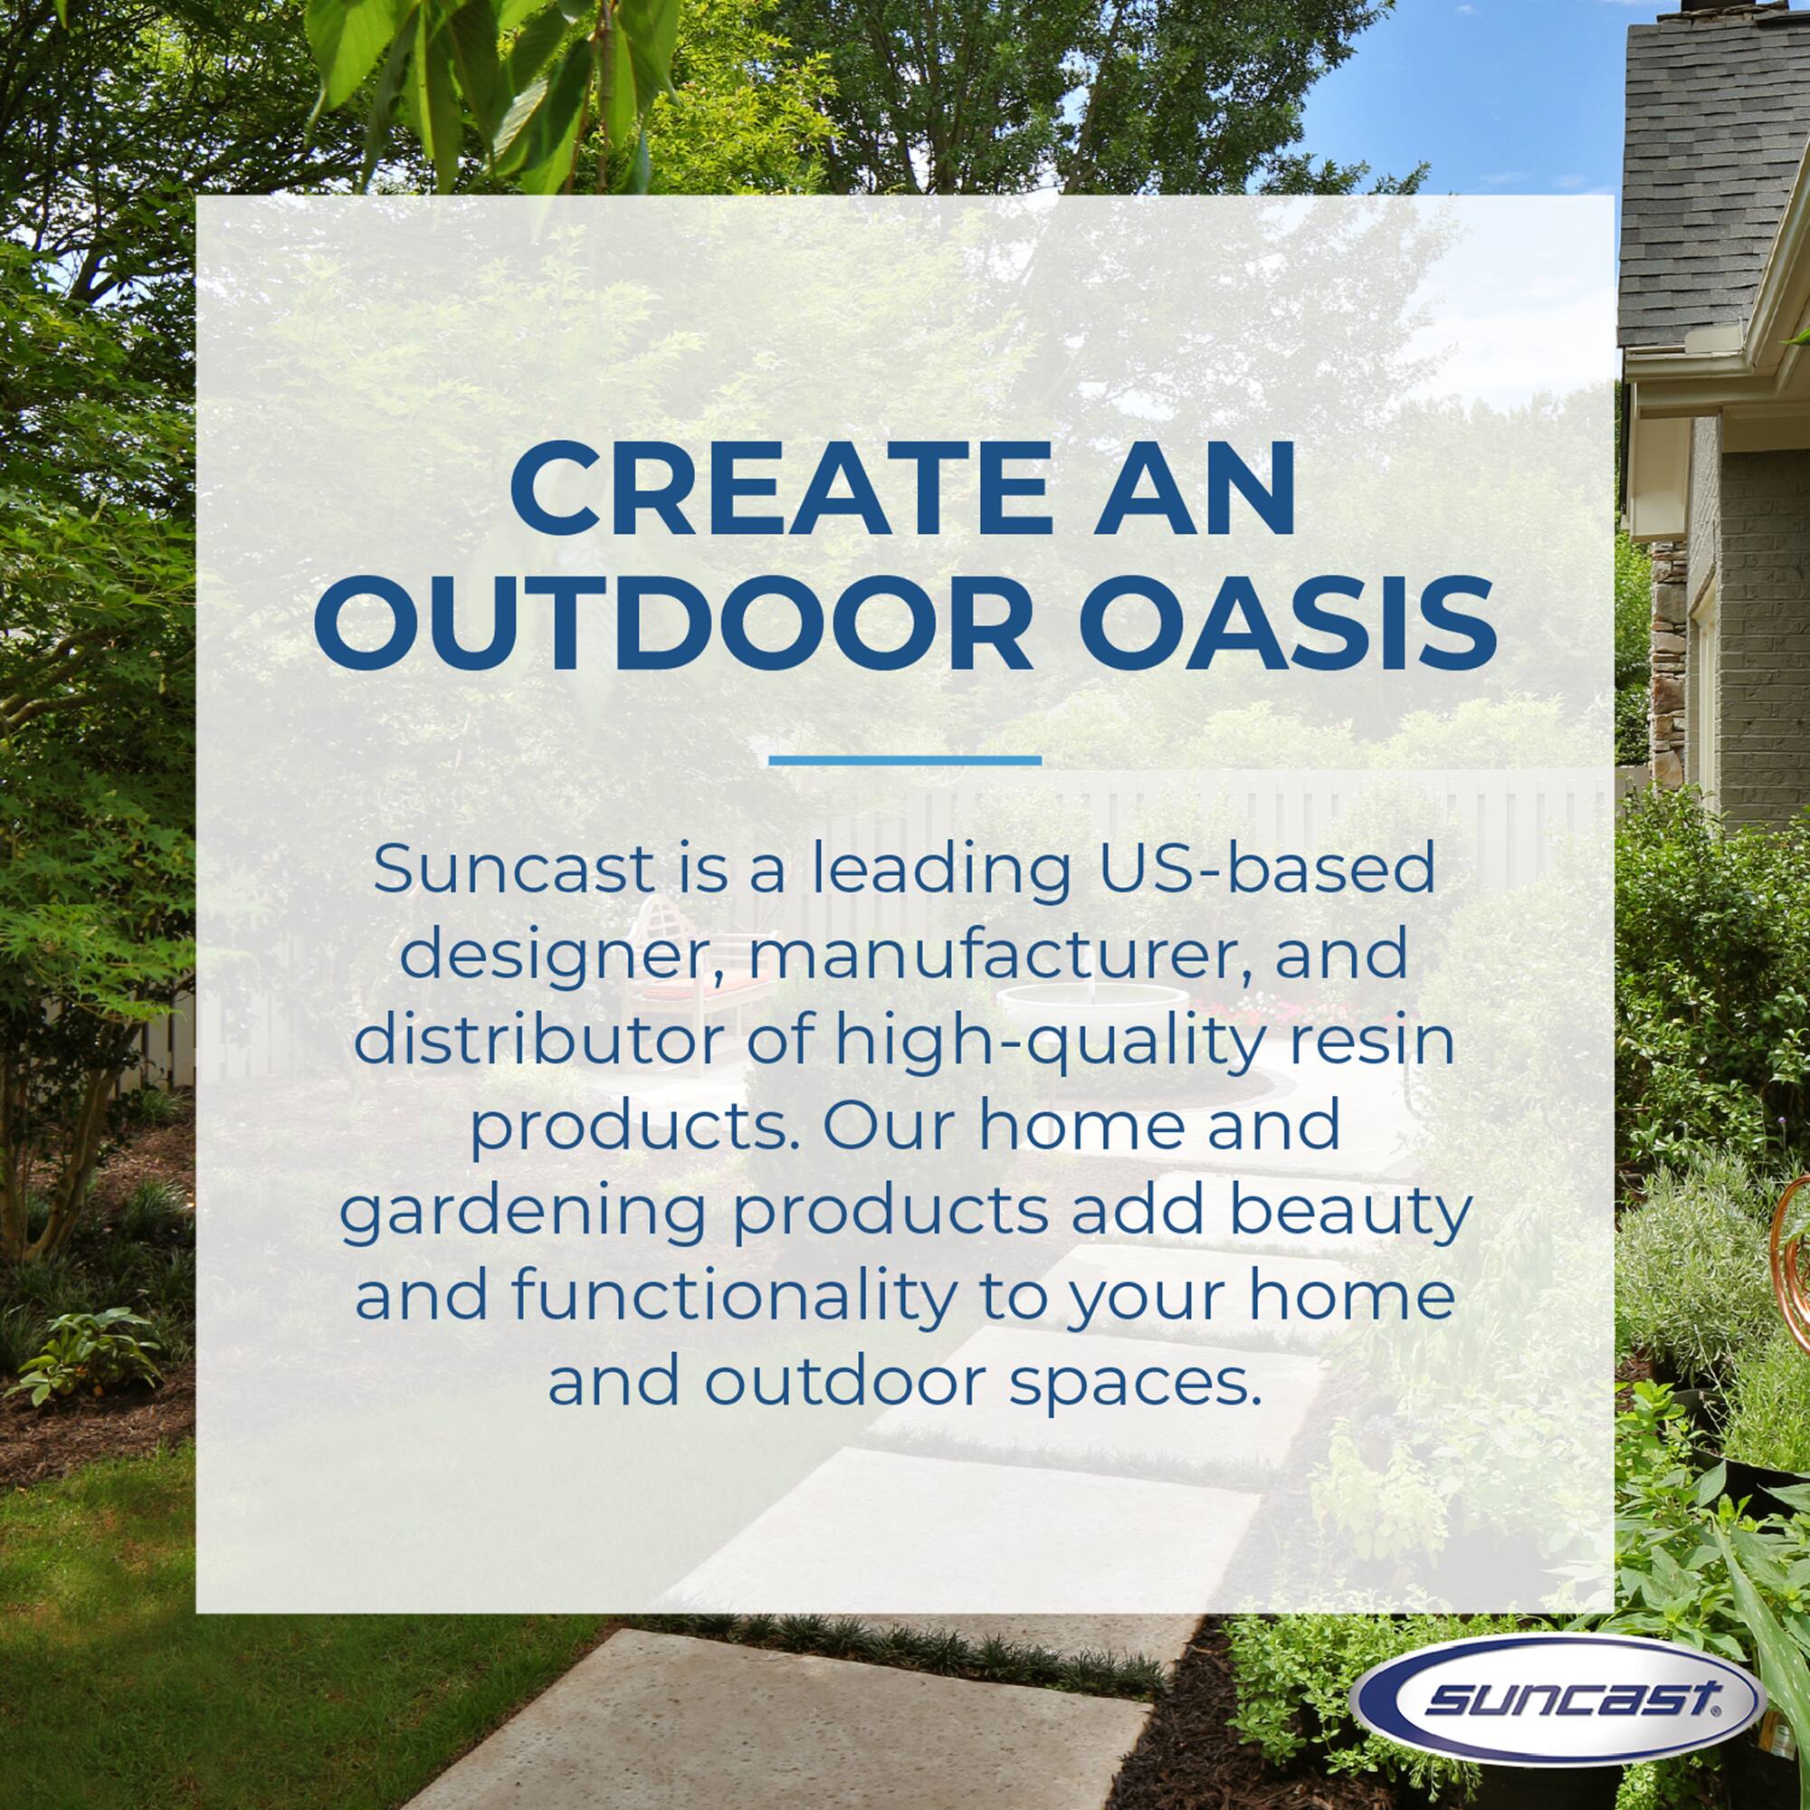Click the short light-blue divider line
point(904,760)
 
